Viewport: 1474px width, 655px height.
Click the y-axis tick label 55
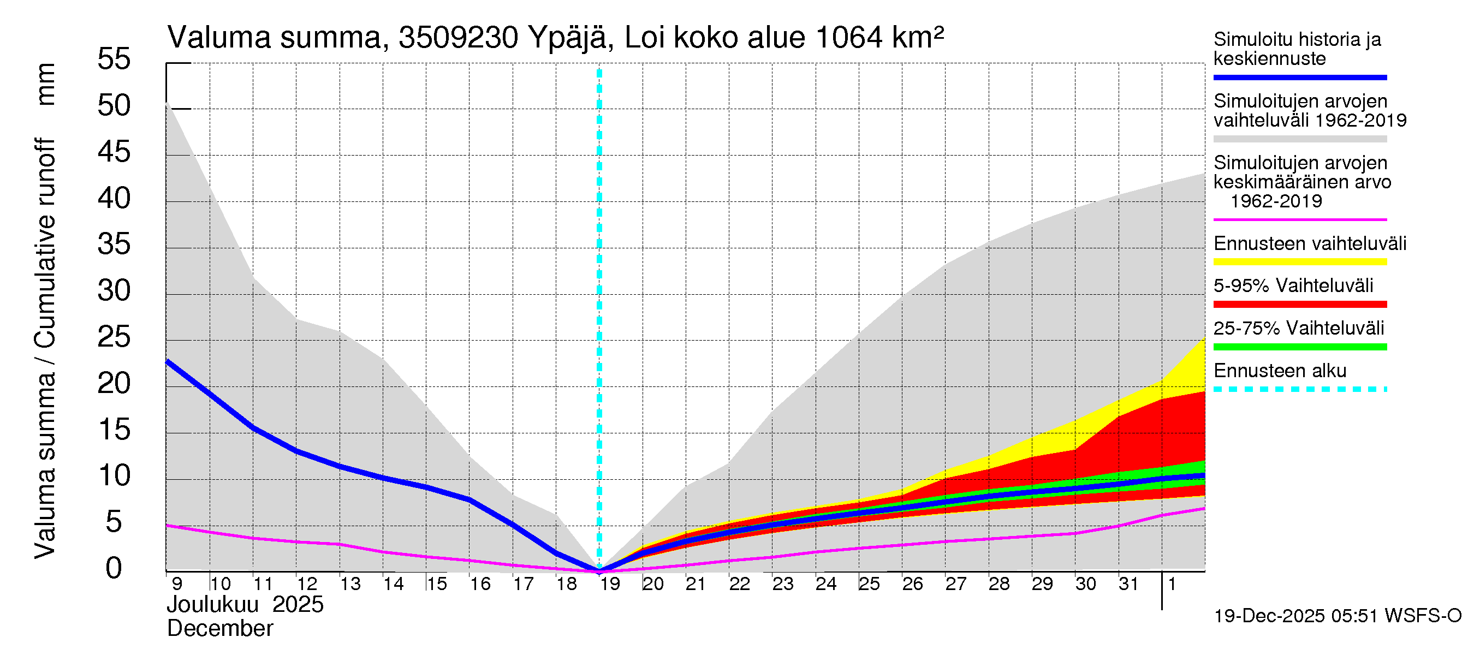[x=114, y=59]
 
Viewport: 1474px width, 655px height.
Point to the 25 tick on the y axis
[x=114, y=337]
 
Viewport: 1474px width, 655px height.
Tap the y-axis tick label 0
[x=114, y=568]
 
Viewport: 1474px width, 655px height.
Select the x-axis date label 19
[x=610, y=583]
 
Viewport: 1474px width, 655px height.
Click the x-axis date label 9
[x=177, y=583]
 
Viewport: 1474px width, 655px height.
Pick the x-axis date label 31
[x=1128, y=583]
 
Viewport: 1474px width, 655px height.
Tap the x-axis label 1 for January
[x=1172, y=583]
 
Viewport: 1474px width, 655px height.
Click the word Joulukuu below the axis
[x=213, y=605]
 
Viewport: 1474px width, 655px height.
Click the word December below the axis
[x=219, y=629]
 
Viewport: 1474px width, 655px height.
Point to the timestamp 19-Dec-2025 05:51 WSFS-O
[x=1337, y=616]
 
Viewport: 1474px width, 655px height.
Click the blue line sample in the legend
[x=1299, y=77]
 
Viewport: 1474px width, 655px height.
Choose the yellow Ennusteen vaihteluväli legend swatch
[x=1299, y=262]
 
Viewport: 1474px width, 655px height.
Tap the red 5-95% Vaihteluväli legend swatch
[x=1299, y=305]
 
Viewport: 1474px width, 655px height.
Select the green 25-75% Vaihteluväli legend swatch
[x=1299, y=347]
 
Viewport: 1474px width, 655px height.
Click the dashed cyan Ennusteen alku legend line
[x=1299, y=389]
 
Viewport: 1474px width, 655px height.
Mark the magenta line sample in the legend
[x=1299, y=219]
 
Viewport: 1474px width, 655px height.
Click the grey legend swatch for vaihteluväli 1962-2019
[x=1299, y=139]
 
